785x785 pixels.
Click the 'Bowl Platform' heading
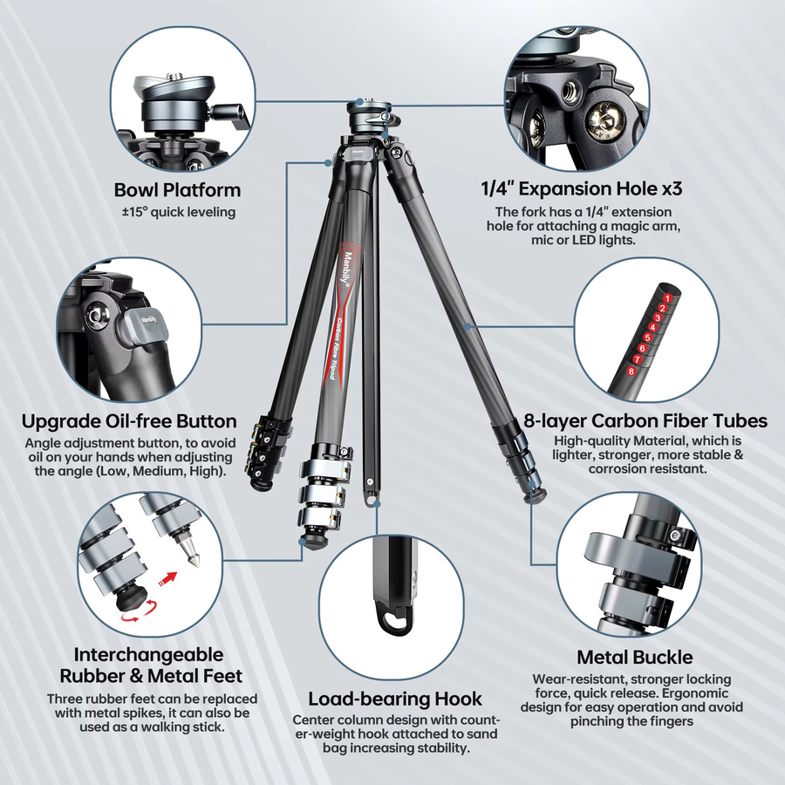click(177, 190)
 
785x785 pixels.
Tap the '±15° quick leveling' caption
click(179, 212)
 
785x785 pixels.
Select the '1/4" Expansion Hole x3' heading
click(581, 188)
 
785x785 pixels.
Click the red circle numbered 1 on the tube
click(667, 298)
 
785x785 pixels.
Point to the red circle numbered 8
click(631, 372)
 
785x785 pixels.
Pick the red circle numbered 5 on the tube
click(647, 338)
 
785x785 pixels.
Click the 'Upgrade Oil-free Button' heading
click(129, 421)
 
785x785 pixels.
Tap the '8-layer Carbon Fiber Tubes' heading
click(645, 421)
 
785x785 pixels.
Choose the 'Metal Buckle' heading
click(635, 658)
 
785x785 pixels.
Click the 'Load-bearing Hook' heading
click(395, 699)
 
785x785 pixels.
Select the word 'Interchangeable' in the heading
click(148, 655)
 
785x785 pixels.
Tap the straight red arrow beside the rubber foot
click(167, 579)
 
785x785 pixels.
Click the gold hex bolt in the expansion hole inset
click(604, 121)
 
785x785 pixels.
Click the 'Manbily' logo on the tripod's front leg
click(346, 269)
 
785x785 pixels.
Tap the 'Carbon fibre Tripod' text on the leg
click(337, 348)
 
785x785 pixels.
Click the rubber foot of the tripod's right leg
click(536, 495)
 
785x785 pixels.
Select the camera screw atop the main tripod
click(360, 101)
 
